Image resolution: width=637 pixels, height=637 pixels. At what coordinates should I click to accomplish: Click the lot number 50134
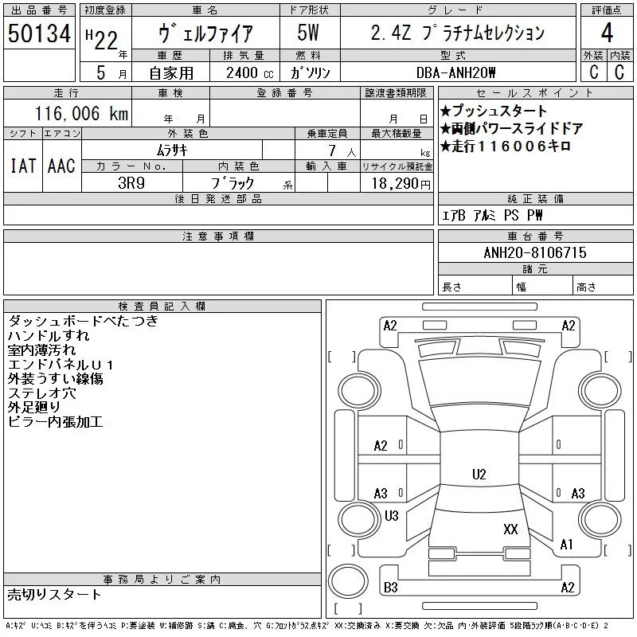coord(39,34)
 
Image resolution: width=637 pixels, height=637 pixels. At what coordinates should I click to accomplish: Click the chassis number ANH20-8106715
coord(534,252)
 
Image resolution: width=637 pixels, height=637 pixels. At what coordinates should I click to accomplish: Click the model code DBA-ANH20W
coord(456,72)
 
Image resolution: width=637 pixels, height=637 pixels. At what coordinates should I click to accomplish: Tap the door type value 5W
coord(307,33)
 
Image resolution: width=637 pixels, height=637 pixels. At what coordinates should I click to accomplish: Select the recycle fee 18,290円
coord(397,183)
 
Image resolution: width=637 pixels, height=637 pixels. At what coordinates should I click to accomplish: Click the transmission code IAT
coord(22,166)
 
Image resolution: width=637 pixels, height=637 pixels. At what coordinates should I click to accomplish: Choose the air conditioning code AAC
coord(61,166)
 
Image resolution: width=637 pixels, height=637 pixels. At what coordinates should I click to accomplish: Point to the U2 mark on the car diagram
coord(479,475)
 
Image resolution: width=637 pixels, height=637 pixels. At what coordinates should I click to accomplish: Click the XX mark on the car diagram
coord(510,529)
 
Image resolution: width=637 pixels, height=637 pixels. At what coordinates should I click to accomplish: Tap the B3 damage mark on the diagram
coord(390,588)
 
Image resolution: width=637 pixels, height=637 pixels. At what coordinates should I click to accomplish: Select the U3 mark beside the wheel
coord(391,516)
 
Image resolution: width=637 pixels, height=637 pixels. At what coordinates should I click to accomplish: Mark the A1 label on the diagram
coord(566,545)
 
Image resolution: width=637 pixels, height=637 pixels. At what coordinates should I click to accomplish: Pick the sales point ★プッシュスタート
coord(494,111)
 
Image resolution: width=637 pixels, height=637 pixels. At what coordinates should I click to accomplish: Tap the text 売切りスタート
coord(54,594)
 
